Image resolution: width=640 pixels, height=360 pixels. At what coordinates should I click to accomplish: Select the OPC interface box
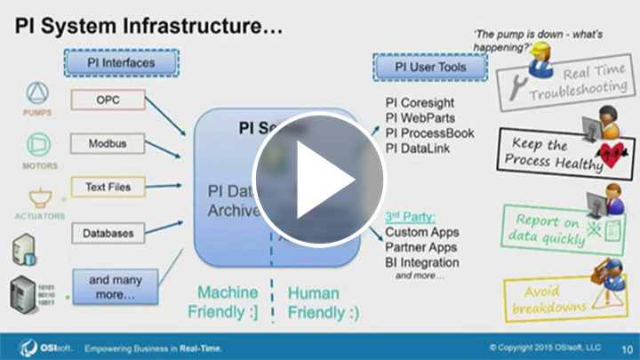click(x=108, y=100)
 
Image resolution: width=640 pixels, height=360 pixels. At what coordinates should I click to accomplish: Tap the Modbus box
click(x=108, y=143)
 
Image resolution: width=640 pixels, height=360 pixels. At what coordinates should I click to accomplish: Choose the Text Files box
click(x=108, y=188)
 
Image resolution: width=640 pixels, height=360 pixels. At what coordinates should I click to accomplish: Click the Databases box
click(x=108, y=233)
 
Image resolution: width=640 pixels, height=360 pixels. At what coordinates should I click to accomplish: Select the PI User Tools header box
click(x=419, y=67)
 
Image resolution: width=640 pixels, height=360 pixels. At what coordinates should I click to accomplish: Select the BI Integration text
click(x=422, y=262)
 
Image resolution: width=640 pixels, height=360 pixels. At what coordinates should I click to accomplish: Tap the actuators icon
click(x=38, y=196)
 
